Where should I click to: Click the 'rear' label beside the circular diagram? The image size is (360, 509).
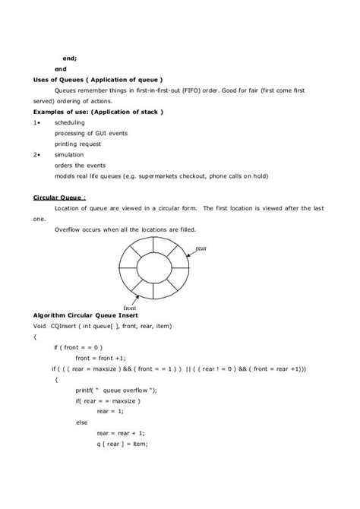202,248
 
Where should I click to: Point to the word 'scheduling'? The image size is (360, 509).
70,122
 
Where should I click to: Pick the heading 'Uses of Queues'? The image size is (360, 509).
57,79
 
